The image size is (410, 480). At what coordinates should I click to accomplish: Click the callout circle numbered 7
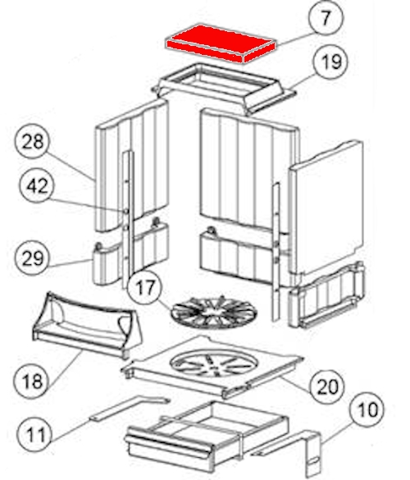coord(326,18)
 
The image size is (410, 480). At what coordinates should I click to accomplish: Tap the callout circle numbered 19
coord(330,62)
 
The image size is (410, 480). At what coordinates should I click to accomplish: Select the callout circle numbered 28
coord(32,141)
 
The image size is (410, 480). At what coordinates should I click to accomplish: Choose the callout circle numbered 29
coord(32,258)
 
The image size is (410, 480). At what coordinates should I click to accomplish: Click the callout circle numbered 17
coord(144,287)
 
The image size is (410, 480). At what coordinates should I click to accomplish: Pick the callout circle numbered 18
coord(31,381)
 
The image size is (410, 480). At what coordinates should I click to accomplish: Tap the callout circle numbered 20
coord(327,386)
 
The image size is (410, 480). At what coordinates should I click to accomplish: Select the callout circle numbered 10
coord(367,409)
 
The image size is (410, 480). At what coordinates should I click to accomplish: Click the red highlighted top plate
coord(221,43)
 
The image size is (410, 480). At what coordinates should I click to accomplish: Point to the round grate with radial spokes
coord(214,312)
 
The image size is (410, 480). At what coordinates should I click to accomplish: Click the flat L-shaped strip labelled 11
coord(129,409)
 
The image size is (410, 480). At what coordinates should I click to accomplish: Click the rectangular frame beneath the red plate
coord(224,88)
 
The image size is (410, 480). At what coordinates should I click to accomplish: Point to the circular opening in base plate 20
coord(214,363)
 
